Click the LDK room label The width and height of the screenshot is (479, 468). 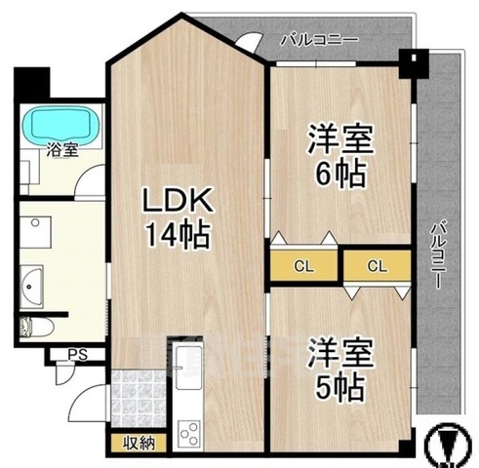tap(179, 199)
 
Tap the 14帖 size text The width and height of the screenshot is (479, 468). tap(178, 235)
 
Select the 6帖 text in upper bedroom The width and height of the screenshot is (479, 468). tap(340, 174)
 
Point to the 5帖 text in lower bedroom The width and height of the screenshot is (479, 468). tap(339, 388)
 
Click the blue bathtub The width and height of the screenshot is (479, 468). tap(60, 124)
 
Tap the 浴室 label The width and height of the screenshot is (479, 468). tap(62, 150)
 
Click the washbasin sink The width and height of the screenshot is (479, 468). tap(31, 287)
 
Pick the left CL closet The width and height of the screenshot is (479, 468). tap(303, 266)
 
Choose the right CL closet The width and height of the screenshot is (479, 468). tap(378, 266)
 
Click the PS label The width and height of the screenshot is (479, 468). tap(78, 355)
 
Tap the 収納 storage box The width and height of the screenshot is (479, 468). tap(139, 443)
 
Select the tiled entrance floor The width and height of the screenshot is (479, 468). tap(139, 399)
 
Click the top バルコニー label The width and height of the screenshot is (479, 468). tap(319, 40)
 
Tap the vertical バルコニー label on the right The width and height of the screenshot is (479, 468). tap(439, 254)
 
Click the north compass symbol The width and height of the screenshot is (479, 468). tap(449, 445)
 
